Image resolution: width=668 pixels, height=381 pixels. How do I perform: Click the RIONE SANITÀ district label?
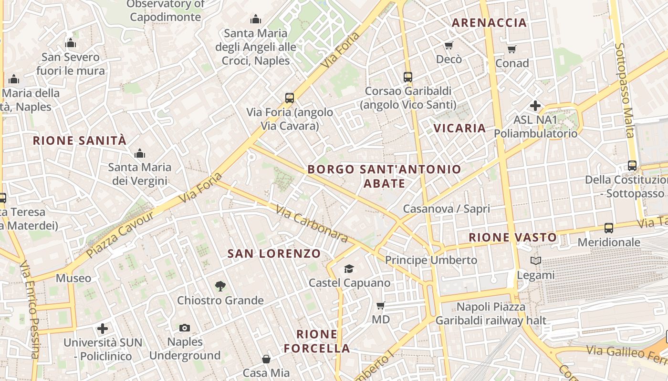(x=80, y=140)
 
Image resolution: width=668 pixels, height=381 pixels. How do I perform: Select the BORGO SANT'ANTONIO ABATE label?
(x=384, y=176)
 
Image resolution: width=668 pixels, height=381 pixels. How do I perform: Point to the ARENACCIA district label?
(x=489, y=22)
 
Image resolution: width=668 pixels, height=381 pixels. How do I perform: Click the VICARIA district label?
(x=459, y=128)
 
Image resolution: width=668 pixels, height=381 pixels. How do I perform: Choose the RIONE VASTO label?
(x=512, y=237)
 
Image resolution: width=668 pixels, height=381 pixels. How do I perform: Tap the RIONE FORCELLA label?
(x=317, y=341)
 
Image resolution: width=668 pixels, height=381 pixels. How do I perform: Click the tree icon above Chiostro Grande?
(x=220, y=286)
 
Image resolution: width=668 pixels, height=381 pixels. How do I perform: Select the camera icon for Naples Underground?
(x=185, y=328)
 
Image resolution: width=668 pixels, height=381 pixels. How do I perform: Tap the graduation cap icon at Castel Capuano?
(x=349, y=269)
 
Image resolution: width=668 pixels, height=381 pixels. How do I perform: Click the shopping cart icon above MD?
(x=380, y=305)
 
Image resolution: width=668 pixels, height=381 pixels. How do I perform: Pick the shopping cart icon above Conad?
(x=512, y=49)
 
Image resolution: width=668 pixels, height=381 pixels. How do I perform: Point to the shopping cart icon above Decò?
(x=449, y=45)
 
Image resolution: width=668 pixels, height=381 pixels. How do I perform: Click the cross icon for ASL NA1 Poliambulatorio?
(x=535, y=105)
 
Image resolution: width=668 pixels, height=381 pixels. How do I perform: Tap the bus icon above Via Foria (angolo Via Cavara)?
(x=289, y=98)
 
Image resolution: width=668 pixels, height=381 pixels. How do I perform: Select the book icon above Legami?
(x=536, y=261)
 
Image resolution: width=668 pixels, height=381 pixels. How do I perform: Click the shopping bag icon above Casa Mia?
(x=266, y=359)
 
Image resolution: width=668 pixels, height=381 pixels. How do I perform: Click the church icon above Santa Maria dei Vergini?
(x=139, y=153)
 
